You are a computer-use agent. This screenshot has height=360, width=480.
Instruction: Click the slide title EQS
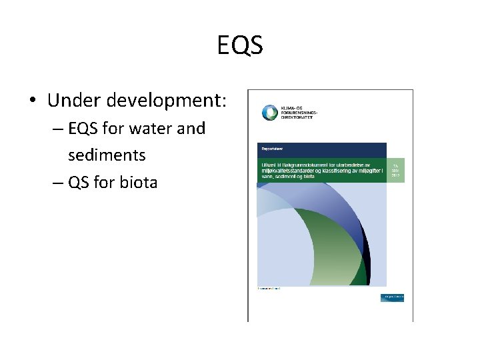(x=240, y=45)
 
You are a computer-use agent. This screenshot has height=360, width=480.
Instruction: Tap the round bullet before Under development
(x=33, y=102)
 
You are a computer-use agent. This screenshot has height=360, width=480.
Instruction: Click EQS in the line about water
(x=85, y=128)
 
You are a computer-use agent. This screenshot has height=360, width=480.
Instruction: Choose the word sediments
(x=107, y=155)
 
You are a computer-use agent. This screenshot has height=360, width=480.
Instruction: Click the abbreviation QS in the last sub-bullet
(x=79, y=181)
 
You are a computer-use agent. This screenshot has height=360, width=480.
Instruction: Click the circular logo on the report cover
(x=269, y=113)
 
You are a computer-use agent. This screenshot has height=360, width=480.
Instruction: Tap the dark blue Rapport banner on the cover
(x=321, y=150)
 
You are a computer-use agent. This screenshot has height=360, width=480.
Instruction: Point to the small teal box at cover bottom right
(x=392, y=297)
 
